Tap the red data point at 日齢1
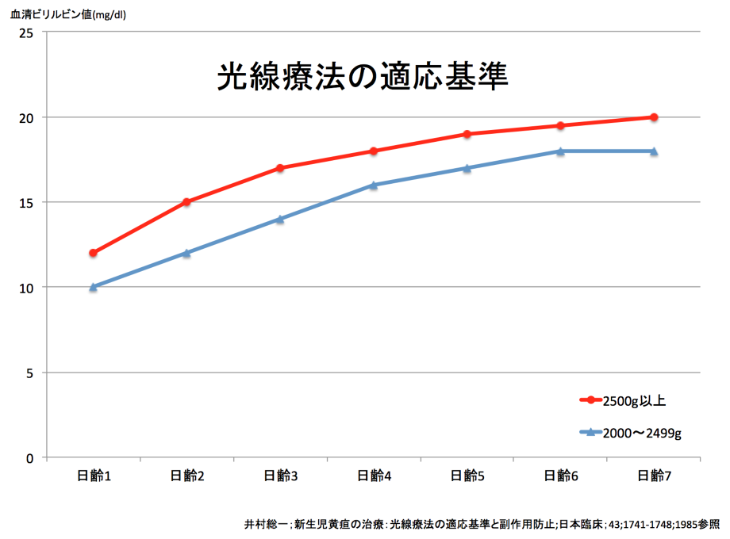pos(93,253)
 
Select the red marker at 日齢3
pos(280,168)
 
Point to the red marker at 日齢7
pos(654,117)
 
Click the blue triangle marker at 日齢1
pos(93,287)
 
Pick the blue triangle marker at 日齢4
pos(374,185)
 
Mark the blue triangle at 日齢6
pos(560,151)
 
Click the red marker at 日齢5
pos(467,134)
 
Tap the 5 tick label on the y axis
pos(31,373)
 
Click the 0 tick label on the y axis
pos(31,457)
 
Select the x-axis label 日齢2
pos(187,476)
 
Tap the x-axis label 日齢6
pos(561,476)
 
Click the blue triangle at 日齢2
pos(186,253)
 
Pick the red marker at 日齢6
pos(560,125)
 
